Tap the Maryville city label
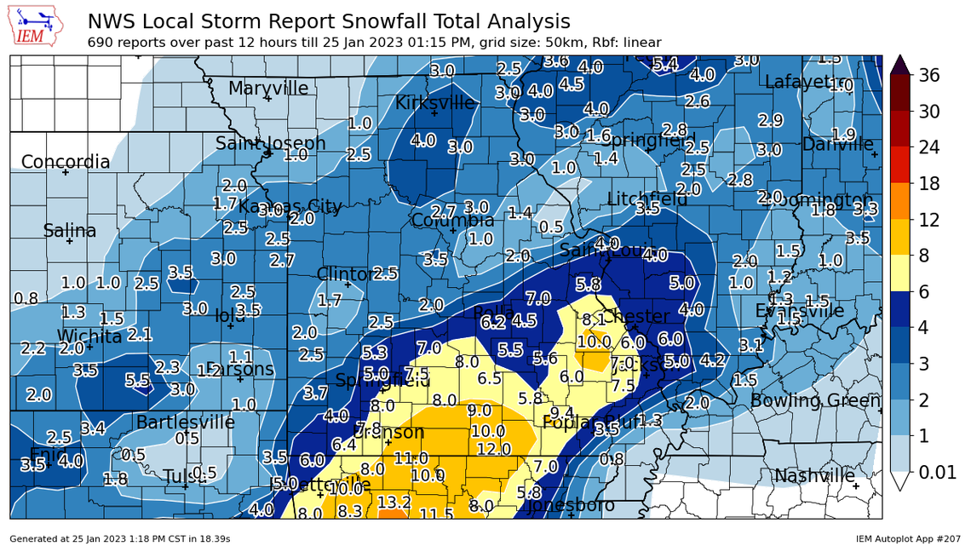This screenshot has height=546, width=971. coord(268,88)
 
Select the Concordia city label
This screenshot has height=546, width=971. coord(66,162)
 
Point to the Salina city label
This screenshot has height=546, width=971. coord(70,231)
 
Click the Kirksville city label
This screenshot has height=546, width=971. coord(434,103)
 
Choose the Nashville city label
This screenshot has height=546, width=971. coord(814,475)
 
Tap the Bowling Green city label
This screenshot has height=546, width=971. coord(814,400)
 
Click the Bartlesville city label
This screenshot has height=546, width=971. coord(186,422)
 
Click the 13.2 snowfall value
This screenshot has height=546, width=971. coord(394,503)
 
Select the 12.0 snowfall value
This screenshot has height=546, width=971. coord(493,449)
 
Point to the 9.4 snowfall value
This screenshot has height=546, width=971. coord(562,412)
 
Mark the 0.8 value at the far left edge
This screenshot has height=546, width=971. coord(26,298)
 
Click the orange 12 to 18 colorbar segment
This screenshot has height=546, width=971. coord(899,201)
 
